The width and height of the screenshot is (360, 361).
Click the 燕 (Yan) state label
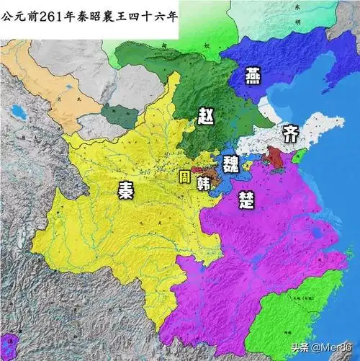point(253,74)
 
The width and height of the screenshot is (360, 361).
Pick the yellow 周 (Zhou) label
point(185,176)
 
